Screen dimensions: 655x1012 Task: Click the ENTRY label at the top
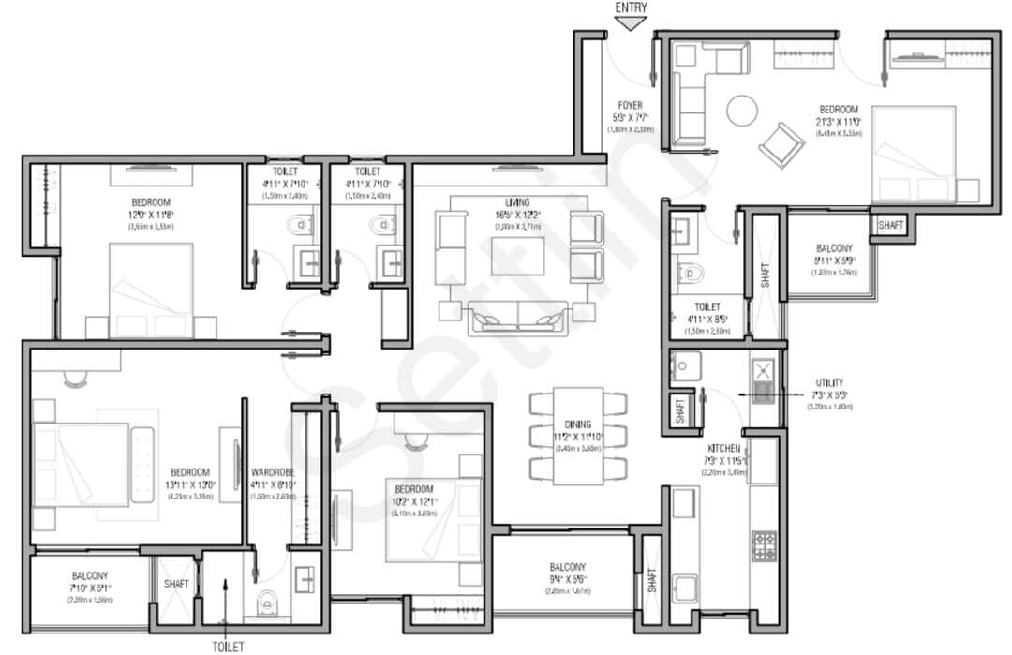coord(632,7)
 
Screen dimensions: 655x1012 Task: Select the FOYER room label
coord(630,105)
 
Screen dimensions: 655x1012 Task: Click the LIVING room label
coord(516,201)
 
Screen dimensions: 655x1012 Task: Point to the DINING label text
coord(578,424)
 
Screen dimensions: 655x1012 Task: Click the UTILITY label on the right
coord(829,382)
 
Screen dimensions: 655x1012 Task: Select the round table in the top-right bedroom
coord(742,111)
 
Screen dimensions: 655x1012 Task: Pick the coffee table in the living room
coord(516,255)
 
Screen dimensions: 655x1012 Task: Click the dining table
coord(577,436)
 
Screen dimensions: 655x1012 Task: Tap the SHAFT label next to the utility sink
coord(677,410)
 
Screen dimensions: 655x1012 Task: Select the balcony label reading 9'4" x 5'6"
coord(569,567)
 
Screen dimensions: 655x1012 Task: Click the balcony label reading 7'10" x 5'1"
coord(90,576)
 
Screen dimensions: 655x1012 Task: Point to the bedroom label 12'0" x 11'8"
coord(150,202)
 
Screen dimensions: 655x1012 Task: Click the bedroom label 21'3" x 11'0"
coord(838,110)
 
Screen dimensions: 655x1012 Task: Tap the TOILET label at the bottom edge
coord(228,646)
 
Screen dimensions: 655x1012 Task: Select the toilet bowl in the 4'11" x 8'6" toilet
coord(690,273)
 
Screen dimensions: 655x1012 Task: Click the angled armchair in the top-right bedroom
coord(781,143)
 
